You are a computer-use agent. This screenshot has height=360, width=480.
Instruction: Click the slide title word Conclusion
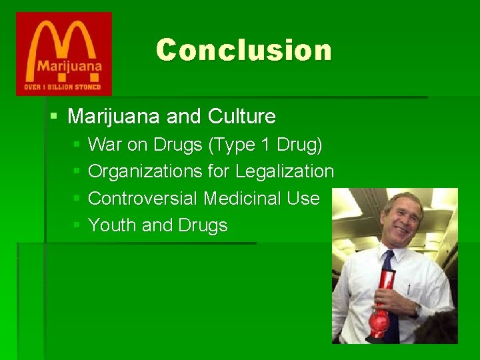[x=243, y=50]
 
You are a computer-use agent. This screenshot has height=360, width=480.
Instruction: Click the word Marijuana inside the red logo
[x=65, y=66]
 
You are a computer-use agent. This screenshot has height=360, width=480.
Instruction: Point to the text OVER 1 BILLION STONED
[x=63, y=87]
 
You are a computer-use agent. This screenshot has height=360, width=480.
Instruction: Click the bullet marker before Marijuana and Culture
[x=54, y=117]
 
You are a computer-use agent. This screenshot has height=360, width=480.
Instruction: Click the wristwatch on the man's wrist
[x=415, y=311]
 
